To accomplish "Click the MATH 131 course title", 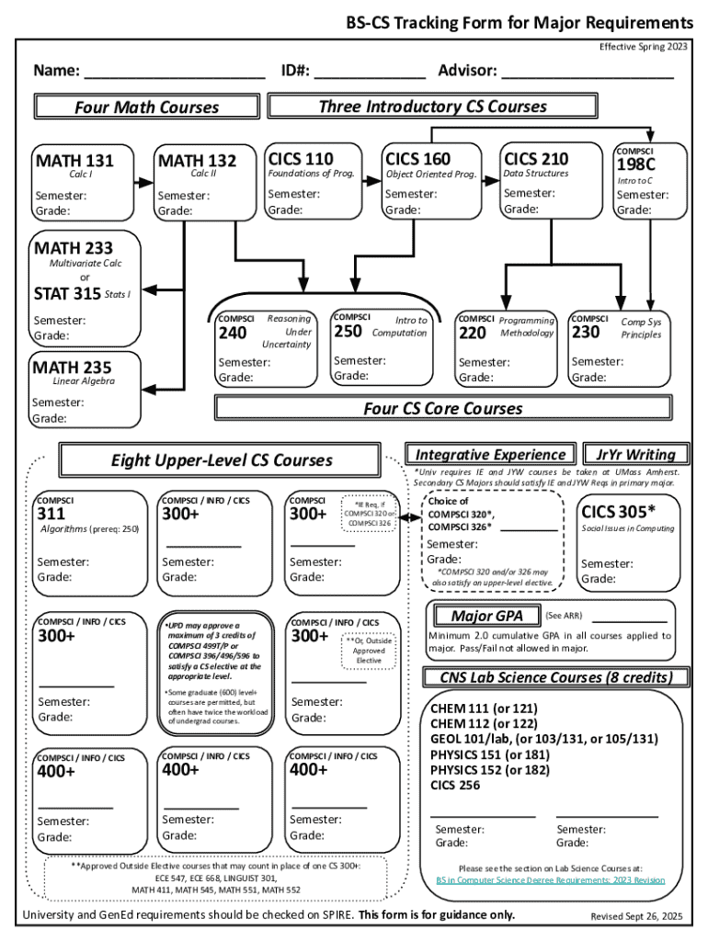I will [74, 162].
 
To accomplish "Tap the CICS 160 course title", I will [418, 159].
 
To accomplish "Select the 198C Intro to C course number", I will [636, 164].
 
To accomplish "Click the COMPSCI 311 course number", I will [51, 515].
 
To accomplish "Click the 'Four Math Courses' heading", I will [146, 108].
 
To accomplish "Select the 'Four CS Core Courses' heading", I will [442, 408].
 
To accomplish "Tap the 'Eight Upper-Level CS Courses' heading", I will [222, 460].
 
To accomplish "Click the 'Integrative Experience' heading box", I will [490, 455].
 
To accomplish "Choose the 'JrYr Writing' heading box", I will [635, 455].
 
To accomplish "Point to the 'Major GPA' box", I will [487, 615].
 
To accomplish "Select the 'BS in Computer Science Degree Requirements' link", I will [550, 880].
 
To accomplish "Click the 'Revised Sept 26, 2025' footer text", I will [636, 916].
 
